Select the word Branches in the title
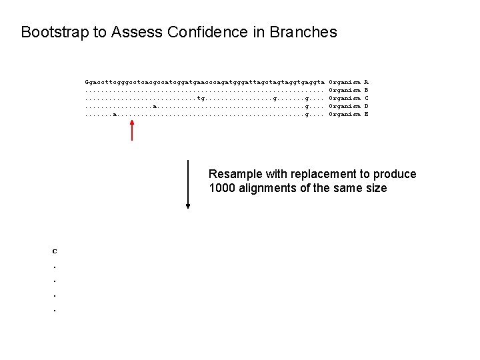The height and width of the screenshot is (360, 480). tap(303, 32)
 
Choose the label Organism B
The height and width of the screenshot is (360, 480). tap(349, 89)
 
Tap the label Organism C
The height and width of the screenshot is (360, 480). tap(349, 97)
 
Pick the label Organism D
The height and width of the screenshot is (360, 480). tap(349, 106)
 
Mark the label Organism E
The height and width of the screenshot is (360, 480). tap(349, 115)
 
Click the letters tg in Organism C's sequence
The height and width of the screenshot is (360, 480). tap(201, 97)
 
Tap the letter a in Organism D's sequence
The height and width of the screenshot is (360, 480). tap(155, 106)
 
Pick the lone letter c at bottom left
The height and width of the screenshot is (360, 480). tap(55, 251)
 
